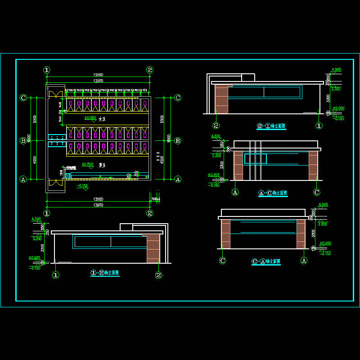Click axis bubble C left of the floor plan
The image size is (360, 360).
(23, 98)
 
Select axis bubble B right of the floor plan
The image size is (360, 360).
(178, 141)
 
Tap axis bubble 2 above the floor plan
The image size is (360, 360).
(150, 70)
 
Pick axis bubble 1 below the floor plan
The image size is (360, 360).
(47, 213)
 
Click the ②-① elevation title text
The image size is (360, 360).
(271, 127)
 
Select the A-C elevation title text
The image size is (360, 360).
(273, 193)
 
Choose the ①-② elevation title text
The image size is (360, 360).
(105, 273)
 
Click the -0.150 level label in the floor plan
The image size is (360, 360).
(82, 185)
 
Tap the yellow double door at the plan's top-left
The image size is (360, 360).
(55, 94)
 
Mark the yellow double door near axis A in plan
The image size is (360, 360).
(55, 182)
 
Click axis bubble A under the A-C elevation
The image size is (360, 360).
(235, 192)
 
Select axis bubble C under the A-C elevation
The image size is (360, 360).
(316, 192)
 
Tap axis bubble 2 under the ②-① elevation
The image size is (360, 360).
(216, 126)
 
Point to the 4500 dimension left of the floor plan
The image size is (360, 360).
(35, 160)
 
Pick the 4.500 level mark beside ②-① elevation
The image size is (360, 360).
(336, 70)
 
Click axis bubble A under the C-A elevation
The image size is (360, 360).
(304, 260)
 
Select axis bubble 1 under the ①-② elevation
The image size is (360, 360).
(55, 274)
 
